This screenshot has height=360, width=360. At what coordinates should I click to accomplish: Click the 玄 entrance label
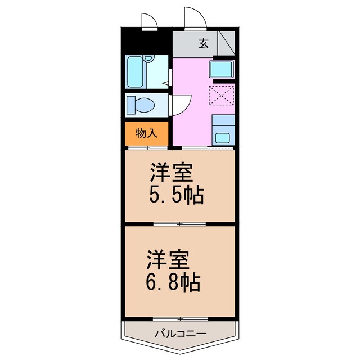pyautogui.click(x=204, y=43)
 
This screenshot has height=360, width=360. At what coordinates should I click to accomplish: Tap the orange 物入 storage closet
pyautogui.click(x=146, y=133)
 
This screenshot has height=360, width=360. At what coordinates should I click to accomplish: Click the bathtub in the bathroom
pyautogui.click(x=136, y=72)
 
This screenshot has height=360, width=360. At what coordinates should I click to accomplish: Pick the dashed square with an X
pyautogui.click(x=221, y=95)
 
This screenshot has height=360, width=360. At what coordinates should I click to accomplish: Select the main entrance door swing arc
pyautogui.click(x=195, y=17)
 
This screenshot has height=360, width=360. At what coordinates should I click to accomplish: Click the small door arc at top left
pyautogui.click(x=148, y=21)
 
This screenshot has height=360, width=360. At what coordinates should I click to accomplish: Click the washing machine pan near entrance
pyautogui.click(x=221, y=70)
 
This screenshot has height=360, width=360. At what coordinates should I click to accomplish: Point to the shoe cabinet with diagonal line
pyautogui.click(x=227, y=43)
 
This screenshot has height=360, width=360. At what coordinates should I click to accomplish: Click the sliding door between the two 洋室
pyautogui.click(x=180, y=224)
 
